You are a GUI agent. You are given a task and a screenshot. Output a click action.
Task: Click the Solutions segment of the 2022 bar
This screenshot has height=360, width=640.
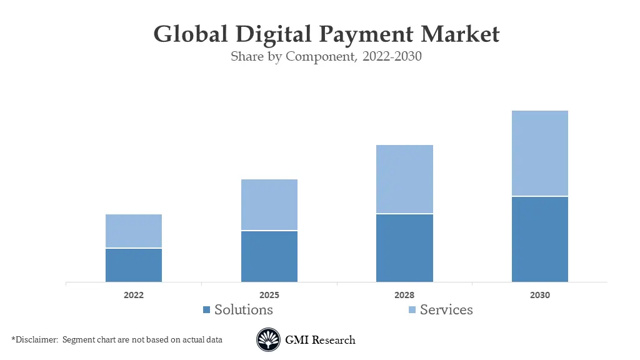[x=134, y=265]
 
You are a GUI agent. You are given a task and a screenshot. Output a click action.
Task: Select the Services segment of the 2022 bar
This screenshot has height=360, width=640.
[x=134, y=231]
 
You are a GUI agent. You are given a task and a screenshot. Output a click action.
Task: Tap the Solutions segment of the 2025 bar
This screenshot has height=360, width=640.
[x=269, y=256]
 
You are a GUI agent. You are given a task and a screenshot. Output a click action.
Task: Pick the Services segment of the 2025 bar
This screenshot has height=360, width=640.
[x=269, y=205]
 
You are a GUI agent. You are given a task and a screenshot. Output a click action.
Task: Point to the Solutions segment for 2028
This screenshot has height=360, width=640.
[x=404, y=248]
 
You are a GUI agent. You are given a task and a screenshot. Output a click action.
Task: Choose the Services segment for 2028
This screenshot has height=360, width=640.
[x=404, y=179]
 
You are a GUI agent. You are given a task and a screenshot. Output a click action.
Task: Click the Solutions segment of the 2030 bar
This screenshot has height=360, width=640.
[x=540, y=239]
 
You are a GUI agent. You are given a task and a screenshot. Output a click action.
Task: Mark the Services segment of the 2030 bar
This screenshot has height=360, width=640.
[x=540, y=153]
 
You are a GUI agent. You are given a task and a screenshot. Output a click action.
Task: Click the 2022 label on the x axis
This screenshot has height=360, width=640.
[x=134, y=295]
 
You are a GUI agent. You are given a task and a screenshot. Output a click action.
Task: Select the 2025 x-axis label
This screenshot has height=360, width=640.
[x=269, y=295]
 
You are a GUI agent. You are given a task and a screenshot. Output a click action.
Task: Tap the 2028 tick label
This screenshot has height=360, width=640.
[x=404, y=295]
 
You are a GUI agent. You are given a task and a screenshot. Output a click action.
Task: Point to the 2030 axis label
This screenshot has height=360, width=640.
[x=540, y=295]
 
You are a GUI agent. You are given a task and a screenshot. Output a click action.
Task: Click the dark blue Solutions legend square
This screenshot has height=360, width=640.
[x=207, y=310]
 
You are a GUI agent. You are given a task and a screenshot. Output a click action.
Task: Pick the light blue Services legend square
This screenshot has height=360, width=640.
[x=412, y=310]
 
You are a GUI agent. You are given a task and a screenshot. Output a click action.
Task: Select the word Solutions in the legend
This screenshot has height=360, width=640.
[x=244, y=309]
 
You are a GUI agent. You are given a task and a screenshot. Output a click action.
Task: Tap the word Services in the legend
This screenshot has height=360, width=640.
[x=446, y=309]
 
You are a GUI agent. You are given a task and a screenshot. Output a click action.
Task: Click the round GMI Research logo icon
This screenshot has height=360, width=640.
[x=268, y=340]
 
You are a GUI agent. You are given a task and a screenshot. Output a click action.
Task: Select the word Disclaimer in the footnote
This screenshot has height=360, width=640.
[x=35, y=340]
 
